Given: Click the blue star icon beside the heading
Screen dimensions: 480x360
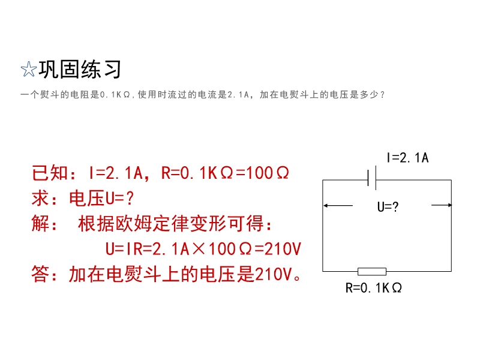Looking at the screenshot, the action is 28,69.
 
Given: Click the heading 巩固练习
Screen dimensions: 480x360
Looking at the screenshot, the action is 80,69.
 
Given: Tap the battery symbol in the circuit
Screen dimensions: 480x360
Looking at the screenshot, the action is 371,178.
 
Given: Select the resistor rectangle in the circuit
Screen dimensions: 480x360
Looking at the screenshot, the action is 372,271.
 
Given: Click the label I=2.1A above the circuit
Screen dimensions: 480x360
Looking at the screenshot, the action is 407,158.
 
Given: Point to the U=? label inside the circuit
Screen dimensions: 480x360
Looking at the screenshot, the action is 388,207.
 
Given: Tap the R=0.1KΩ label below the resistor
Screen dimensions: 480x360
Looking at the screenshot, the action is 373,288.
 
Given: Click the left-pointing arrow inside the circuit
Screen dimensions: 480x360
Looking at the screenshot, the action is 338,205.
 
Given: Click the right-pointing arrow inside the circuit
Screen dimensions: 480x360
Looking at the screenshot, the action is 441,205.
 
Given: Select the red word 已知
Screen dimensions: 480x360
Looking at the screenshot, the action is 50,173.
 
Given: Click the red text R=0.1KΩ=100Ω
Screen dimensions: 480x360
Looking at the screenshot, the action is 225,173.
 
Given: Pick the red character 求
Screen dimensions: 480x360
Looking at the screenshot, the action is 40,199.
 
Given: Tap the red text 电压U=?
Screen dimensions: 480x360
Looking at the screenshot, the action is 101,199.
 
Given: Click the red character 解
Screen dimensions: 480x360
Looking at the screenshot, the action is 40,223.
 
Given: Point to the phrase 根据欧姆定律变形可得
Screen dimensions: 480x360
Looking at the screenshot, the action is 171,223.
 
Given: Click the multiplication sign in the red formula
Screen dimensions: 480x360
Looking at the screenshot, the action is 199,248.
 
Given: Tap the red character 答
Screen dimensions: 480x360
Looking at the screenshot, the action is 40,274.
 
